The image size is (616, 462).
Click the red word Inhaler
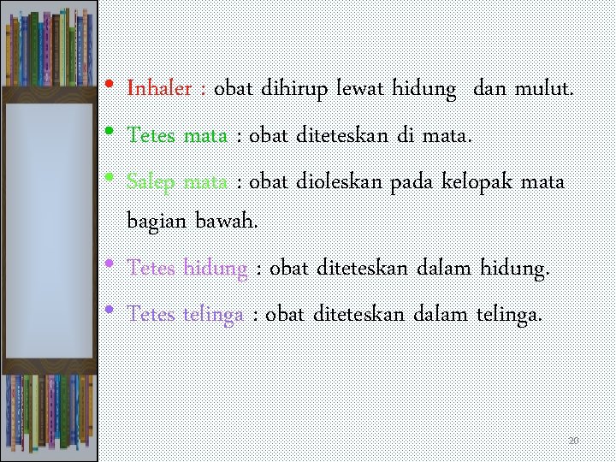(x=158, y=88)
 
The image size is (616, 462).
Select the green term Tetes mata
(x=177, y=134)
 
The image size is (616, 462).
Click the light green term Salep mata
(x=177, y=181)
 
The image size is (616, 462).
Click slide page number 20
(x=574, y=441)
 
